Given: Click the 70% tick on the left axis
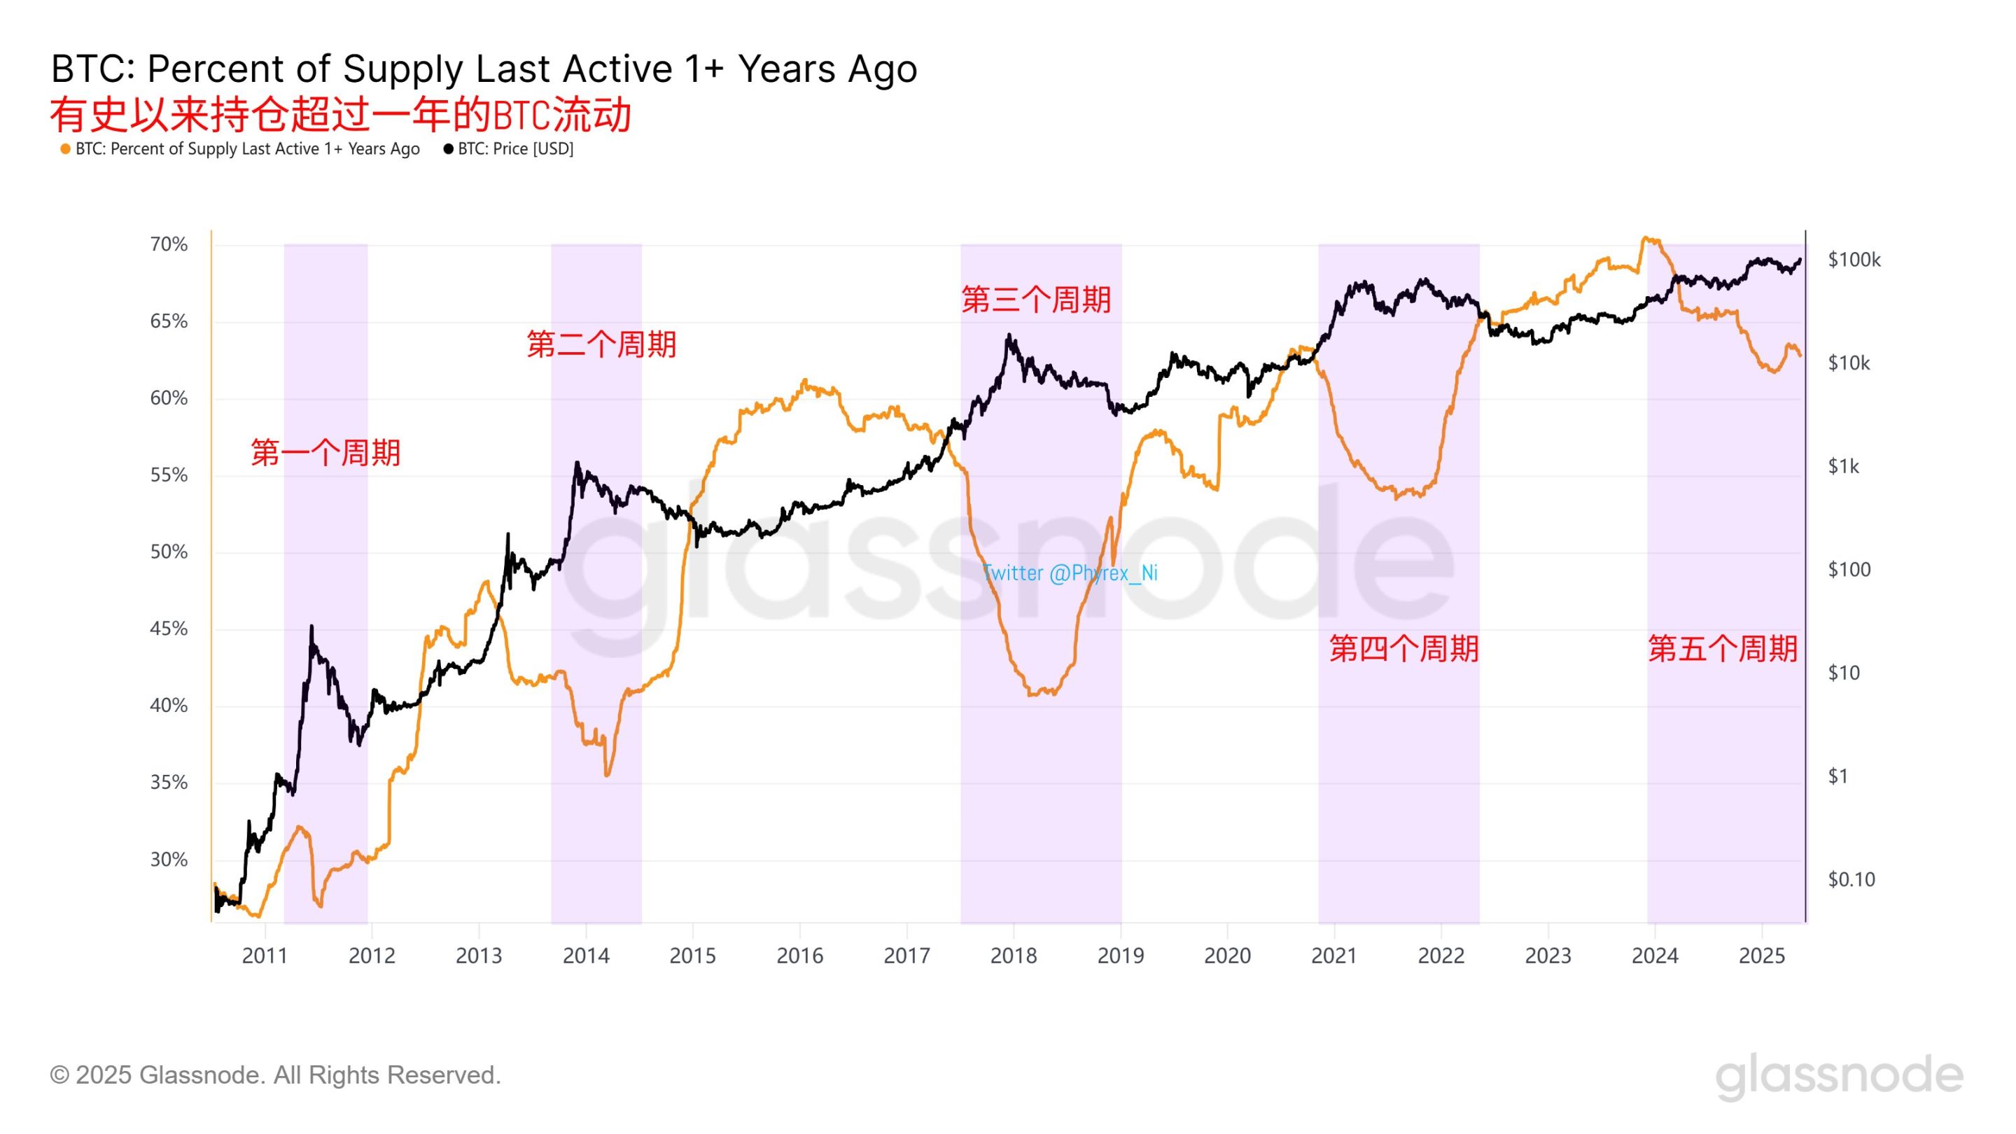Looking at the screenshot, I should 168,244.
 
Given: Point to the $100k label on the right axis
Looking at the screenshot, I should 1853,260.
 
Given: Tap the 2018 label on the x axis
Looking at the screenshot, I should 1013,955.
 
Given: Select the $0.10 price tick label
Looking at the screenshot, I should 1851,880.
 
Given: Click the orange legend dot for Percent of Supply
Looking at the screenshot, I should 66,148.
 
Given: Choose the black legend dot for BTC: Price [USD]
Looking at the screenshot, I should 449,148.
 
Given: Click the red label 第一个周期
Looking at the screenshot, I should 325,452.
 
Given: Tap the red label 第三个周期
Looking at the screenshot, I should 1035,300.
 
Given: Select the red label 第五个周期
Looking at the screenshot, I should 1722,649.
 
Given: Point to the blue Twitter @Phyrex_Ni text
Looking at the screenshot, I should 1069,573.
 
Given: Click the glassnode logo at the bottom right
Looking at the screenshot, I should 1838,1076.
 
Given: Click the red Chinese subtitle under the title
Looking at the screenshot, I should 340,115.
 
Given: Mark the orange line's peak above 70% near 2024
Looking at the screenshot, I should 1645,237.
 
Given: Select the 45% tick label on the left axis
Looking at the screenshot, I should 168,629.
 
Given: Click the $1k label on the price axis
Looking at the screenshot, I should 1843,466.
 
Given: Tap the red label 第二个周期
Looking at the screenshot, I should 601,344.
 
